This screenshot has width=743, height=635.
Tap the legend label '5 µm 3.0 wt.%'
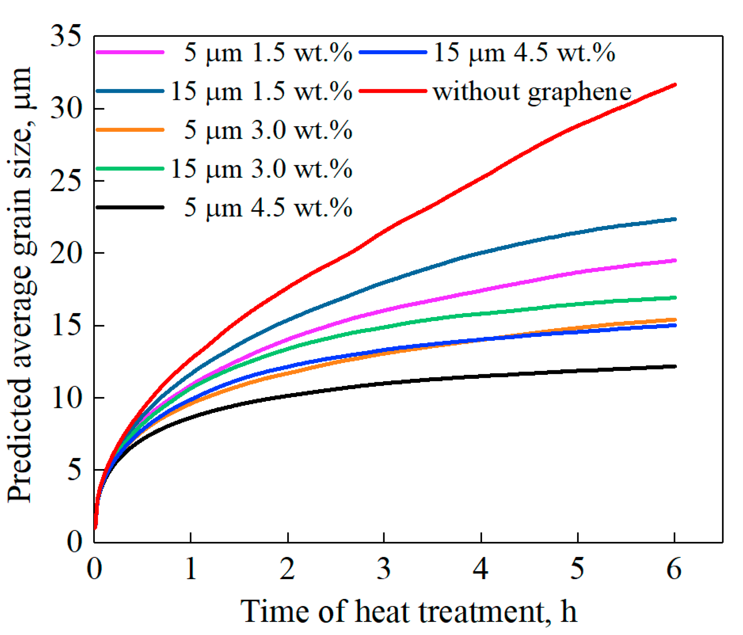point(268,130)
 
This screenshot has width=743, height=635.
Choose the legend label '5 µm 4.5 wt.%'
point(268,208)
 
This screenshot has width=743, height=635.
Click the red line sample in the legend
point(392,91)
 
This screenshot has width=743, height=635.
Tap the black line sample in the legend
point(130,207)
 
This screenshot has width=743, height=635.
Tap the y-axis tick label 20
point(65,253)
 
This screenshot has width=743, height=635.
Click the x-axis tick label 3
point(384,570)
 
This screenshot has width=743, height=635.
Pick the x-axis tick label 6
point(674,570)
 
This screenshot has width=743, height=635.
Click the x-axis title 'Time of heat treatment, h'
point(408,612)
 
